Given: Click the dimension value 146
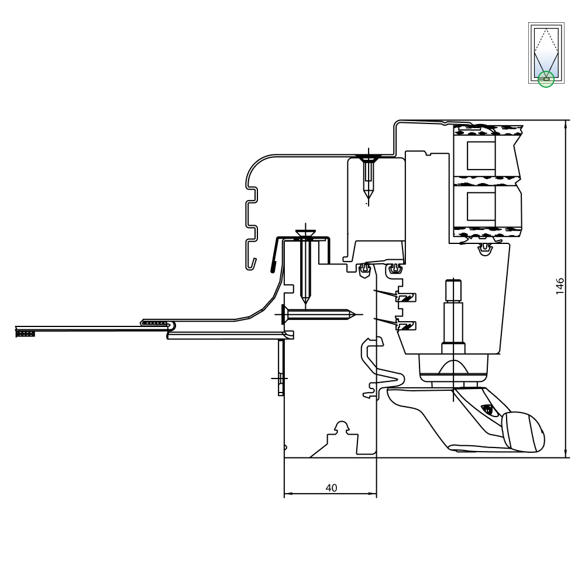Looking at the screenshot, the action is tap(560, 286).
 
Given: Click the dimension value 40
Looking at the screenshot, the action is tap(331, 488).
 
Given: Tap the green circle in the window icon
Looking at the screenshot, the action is tap(546, 79).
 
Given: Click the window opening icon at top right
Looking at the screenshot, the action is tap(546, 53).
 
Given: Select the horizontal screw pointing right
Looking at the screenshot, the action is tap(318, 315).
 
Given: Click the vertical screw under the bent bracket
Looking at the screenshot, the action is tap(305, 266).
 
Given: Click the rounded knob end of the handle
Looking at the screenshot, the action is tap(523, 432).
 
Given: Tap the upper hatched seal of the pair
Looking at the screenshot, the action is tap(406, 297).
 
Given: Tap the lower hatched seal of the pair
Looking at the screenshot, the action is tap(406, 325).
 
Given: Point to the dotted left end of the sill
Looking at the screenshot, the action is tap(25, 333).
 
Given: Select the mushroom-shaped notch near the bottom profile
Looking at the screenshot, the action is tap(342, 427).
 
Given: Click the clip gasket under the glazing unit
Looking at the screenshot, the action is tap(484, 249).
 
